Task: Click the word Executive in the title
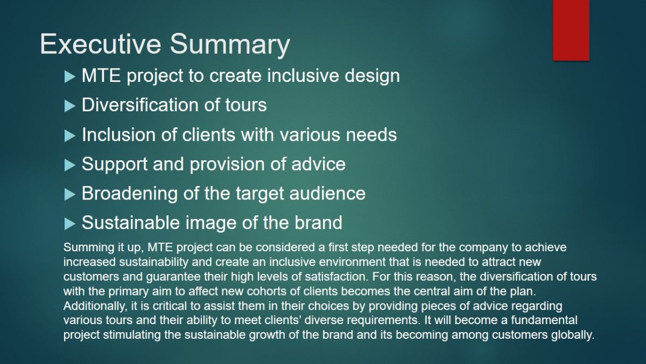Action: click(100, 44)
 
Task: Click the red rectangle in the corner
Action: click(571, 30)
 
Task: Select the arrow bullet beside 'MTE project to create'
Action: click(69, 77)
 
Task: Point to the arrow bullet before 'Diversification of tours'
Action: click(69, 106)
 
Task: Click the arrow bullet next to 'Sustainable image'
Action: click(69, 224)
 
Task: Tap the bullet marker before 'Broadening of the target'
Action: click(69, 195)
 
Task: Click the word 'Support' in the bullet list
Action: click(115, 165)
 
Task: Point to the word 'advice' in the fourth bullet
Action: click(318, 164)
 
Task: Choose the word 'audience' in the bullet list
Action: click(327, 193)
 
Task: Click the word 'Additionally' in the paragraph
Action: click(95, 306)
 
